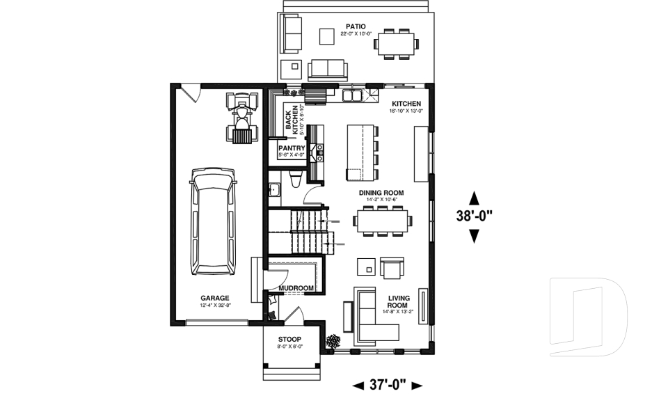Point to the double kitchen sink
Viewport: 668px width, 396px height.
coord(352,95)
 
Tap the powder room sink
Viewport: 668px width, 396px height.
coord(275,190)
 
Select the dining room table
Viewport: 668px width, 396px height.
coord(382,220)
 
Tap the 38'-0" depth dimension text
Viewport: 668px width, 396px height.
coord(475,216)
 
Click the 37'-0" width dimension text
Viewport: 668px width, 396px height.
coord(388,384)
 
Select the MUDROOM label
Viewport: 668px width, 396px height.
coord(296,287)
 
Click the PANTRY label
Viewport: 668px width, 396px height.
coord(292,148)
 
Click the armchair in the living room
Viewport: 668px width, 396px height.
coord(392,268)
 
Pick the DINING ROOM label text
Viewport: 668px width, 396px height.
coord(381,193)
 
